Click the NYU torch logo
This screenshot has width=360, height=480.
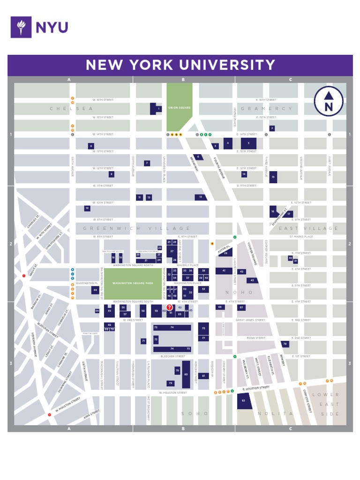(x=21, y=27)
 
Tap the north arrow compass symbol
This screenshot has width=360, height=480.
(x=329, y=101)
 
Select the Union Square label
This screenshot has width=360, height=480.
(x=179, y=108)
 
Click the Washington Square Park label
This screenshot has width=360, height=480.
(x=133, y=284)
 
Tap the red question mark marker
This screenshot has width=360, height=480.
(x=169, y=307)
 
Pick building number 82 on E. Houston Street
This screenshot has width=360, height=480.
(x=244, y=401)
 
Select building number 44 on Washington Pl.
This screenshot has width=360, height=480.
(x=95, y=290)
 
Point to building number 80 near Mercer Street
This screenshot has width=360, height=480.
(x=186, y=374)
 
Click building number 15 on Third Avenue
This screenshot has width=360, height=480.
(x=273, y=177)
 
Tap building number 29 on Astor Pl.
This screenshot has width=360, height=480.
(x=225, y=253)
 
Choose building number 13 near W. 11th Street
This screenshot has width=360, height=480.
(x=201, y=197)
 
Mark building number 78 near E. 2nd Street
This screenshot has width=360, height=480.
(x=285, y=344)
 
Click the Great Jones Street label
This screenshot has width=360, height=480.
(x=251, y=320)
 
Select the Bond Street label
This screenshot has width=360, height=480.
(x=256, y=338)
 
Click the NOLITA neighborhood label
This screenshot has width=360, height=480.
(x=276, y=413)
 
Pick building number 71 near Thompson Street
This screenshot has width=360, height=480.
(x=143, y=341)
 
